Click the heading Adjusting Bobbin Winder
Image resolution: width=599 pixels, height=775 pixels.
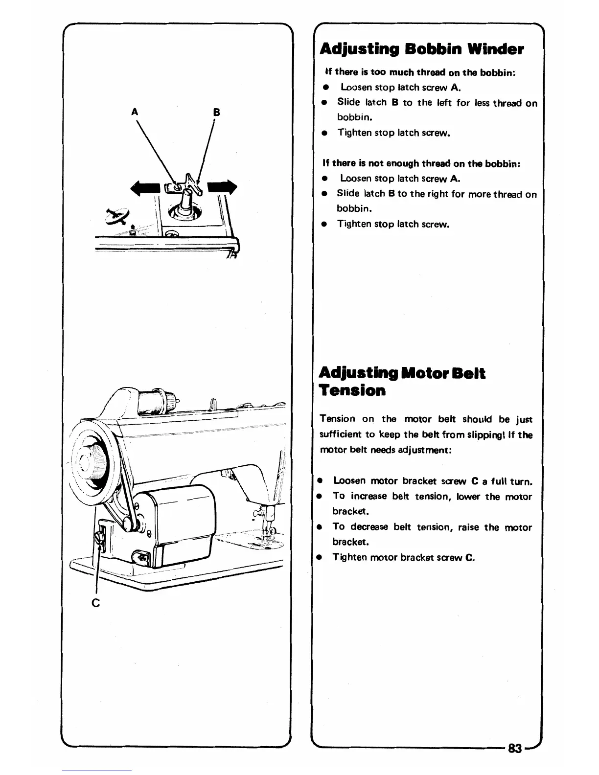421,49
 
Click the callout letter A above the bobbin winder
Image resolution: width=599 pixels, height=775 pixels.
133,112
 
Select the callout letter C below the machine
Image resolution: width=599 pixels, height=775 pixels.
96,602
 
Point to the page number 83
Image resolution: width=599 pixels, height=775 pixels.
515,749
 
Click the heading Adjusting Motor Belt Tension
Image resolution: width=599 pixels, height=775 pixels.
402,382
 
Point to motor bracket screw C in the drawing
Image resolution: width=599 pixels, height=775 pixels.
100,538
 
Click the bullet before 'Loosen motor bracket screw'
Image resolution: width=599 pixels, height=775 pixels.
319,481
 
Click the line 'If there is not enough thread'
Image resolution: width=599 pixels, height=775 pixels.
421,163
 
